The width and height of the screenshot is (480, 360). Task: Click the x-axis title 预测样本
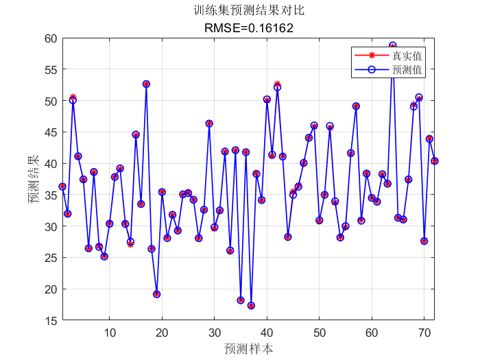click(x=248, y=348)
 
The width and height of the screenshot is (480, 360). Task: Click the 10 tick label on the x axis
click(x=110, y=333)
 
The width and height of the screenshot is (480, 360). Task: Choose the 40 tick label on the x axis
click(x=267, y=333)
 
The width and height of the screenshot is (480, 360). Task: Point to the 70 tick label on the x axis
click(x=424, y=333)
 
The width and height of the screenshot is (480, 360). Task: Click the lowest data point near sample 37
click(x=251, y=306)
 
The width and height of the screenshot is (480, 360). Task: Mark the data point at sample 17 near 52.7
click(x=146, y=84)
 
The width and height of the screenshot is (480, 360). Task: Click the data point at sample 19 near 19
click(x=157, y=294)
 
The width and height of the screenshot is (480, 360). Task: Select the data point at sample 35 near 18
click(x=241, y=300)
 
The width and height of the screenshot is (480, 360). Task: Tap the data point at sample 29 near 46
click(x=209, y=123)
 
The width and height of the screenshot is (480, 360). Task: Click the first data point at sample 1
click(x=62, y=187)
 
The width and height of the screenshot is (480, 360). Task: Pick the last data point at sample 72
click(x=435, y=161)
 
